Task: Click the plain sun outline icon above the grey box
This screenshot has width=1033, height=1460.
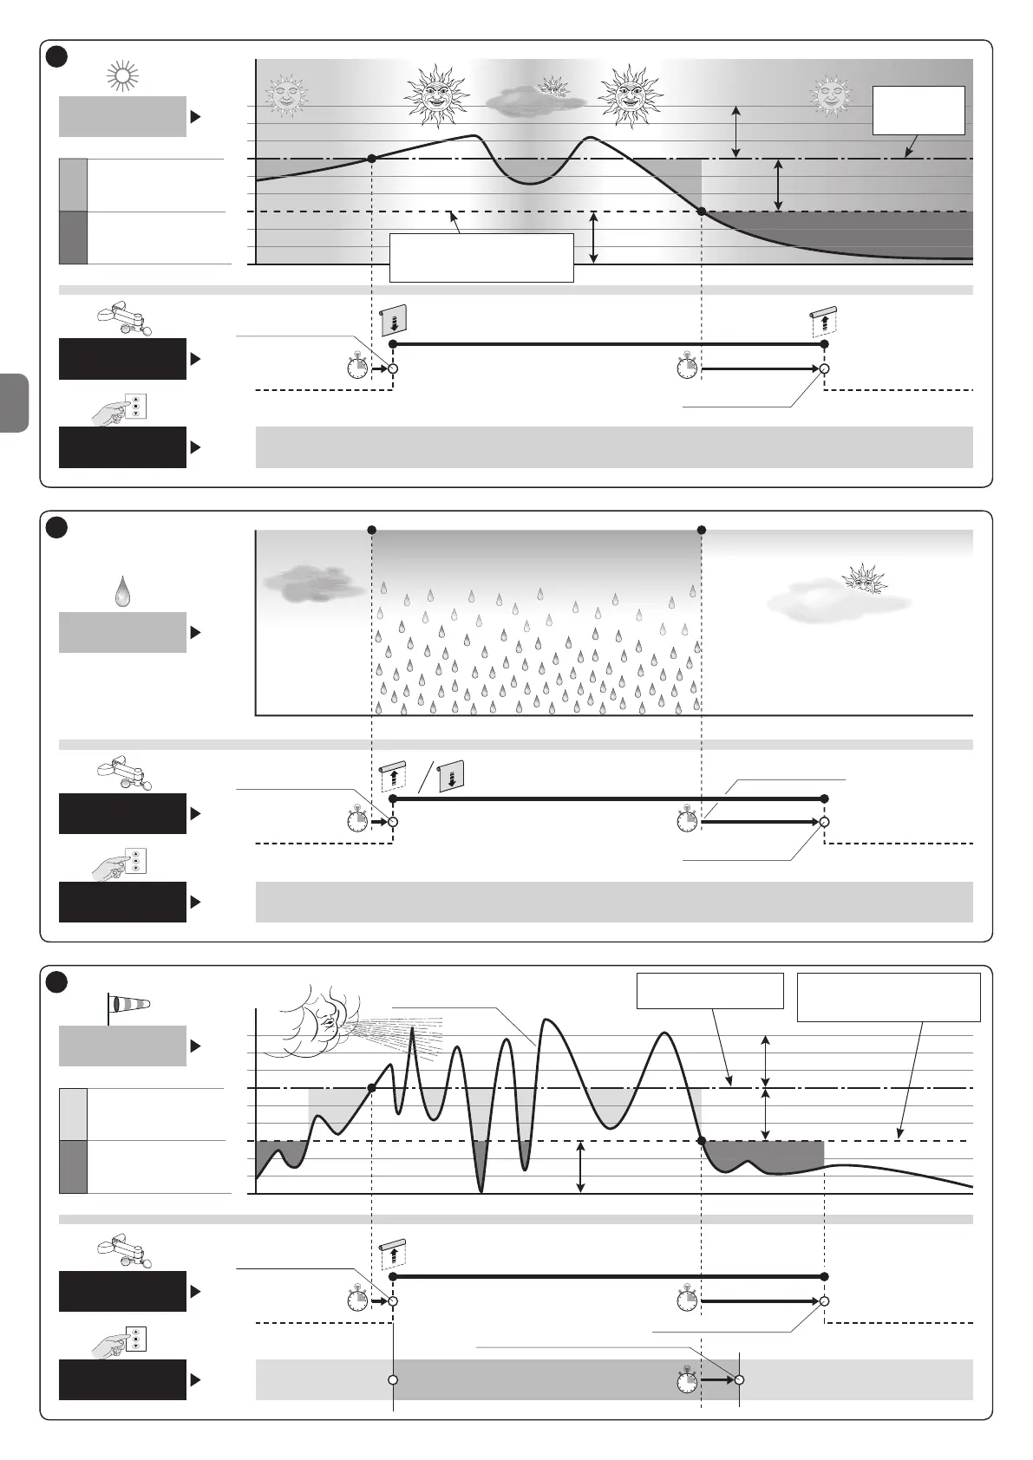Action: [x=122, y=77]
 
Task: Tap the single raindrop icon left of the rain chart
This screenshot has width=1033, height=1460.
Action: [x=123, y=592]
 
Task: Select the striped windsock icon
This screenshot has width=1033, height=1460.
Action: [x=127, y=1005]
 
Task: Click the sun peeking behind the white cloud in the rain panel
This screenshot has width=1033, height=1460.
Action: [x=865, y=578]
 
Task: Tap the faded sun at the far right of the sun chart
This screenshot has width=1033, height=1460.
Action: [x=832, y=95]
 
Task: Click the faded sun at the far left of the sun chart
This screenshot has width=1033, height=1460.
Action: [x=285, y=95]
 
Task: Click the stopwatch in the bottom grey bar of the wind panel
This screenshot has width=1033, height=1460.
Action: [x=688, y=1379]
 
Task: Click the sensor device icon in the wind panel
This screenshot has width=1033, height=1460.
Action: [x=121, y=1251]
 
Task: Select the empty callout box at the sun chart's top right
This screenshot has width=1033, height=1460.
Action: [x=919, y=110]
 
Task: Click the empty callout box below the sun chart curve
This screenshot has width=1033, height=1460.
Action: [x=481, y=257]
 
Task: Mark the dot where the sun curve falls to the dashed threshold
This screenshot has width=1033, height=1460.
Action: [x=701, y=212]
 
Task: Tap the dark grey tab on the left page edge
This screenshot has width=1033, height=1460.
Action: [x=15, y=403]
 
